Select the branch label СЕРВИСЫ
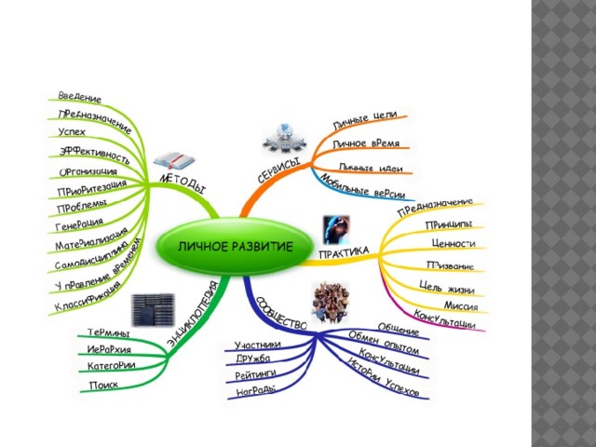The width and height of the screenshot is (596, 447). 278,169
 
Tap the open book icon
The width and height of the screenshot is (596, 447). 173,159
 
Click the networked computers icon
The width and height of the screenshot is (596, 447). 283,137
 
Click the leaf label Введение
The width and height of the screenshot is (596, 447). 80,97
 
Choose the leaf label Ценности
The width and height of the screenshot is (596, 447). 454,244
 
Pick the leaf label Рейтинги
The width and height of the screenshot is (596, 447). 257,372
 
